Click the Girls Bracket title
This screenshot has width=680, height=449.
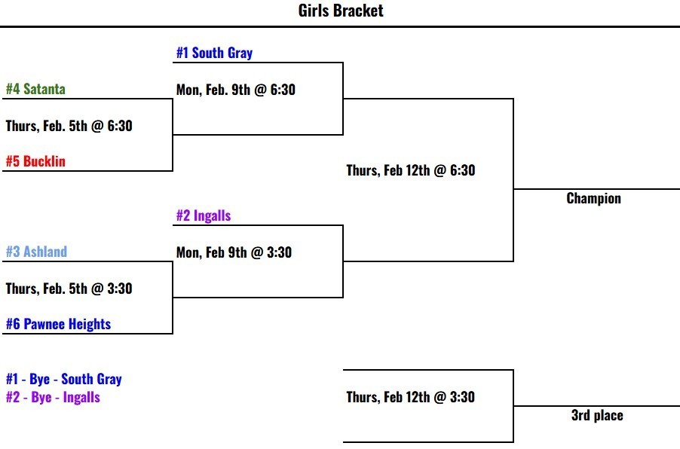[x=341, y=11]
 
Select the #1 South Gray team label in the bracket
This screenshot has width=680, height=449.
[x=214, y=53]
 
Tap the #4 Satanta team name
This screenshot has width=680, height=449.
[x=35, y=89]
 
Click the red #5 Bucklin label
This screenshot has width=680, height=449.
[x=35, y=161]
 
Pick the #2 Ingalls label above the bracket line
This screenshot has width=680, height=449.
[x=204, y=215]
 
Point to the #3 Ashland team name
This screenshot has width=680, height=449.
[x=36, y=252]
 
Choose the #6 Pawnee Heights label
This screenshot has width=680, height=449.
[x=58, y=324]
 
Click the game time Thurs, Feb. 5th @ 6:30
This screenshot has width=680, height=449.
[x=69, y=126]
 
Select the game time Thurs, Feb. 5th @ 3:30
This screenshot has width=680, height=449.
[x=69, y=289]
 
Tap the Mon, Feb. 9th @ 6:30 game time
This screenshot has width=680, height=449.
[x=236, y=90]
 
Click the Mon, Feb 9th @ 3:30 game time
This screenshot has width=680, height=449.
[x=234, y=252]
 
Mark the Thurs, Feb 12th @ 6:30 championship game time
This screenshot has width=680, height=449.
[x=411, y=170]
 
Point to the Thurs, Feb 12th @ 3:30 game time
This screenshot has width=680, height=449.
[x=411, y=397]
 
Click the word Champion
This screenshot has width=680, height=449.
[x=593, y=199]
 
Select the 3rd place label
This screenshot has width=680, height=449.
[x=597, y=415]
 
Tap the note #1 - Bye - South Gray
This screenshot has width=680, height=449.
[x=64, y=379]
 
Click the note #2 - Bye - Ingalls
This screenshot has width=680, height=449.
[x=53, y=397]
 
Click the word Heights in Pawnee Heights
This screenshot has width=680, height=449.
[x=89, y=324]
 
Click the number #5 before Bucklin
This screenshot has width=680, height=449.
[x=13, y=161]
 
